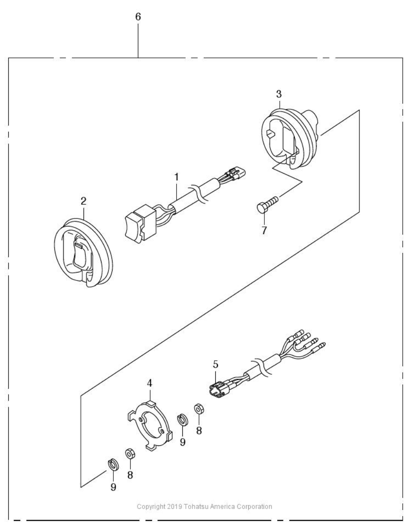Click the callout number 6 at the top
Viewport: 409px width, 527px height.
pos(138,17)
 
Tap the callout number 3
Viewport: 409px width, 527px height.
pos(279,93)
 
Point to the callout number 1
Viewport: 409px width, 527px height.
pos(176,177)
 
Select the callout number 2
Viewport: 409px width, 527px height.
pos(83,201)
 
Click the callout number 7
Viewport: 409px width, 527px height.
pos(264,230)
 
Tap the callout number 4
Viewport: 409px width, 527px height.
pos(149,383)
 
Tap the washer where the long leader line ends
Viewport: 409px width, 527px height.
pos(113,465)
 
